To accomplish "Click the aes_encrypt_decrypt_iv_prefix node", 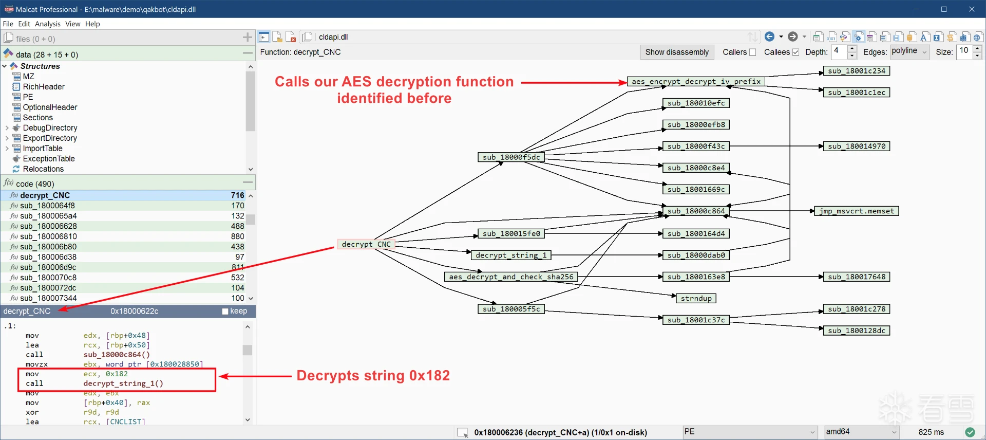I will pyautogui.click(x=696, y=82).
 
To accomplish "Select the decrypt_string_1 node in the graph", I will pyautogui.click(x=511, y=255).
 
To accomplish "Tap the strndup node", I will pyautogui.click(x=696, y=299).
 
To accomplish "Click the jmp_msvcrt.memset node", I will pyautogui.click(x=856, y=211).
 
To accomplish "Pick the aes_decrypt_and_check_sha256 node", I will pyautogui.click(x=511, y=277).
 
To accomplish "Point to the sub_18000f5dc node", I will pyautogui.click(x=511, y=157).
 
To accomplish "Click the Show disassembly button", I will pyautogui.click(x=676, y=52).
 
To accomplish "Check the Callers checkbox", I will pyautogui.click(x=752, y=52).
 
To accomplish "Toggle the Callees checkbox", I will pyautogui.click(x=795, y=52).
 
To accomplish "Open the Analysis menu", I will pyautogui.click(x=47, y=24).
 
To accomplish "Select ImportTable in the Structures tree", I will pyautogui.click(x=43, y=149).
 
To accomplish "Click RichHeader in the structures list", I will pyautogui.click(x=44, y=87).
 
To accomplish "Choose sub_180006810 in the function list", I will pyautogui.click(x=48, y=236).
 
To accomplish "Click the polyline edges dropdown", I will pyautogui.click(x=909, y=51).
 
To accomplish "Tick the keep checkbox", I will pyautogui.click(x=225, y=311).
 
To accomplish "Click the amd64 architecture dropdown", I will pyautogui.click(x=862, y=432).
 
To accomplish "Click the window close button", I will pyautogui.click(x=972, y=9).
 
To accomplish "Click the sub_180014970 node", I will pyautogui.click(x=856, y=146).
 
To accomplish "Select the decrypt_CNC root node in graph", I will pyautogui.click(x=366, y=244).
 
